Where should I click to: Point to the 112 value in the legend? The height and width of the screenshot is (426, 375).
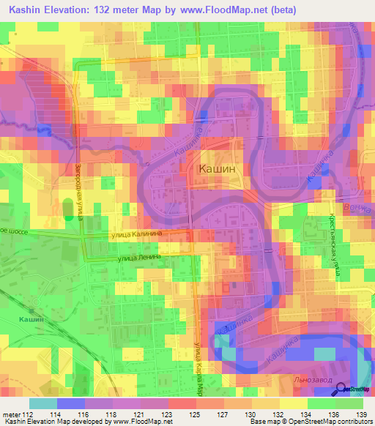[x=29, y=414]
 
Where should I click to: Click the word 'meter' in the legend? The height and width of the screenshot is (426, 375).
[x=10, y=414]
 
